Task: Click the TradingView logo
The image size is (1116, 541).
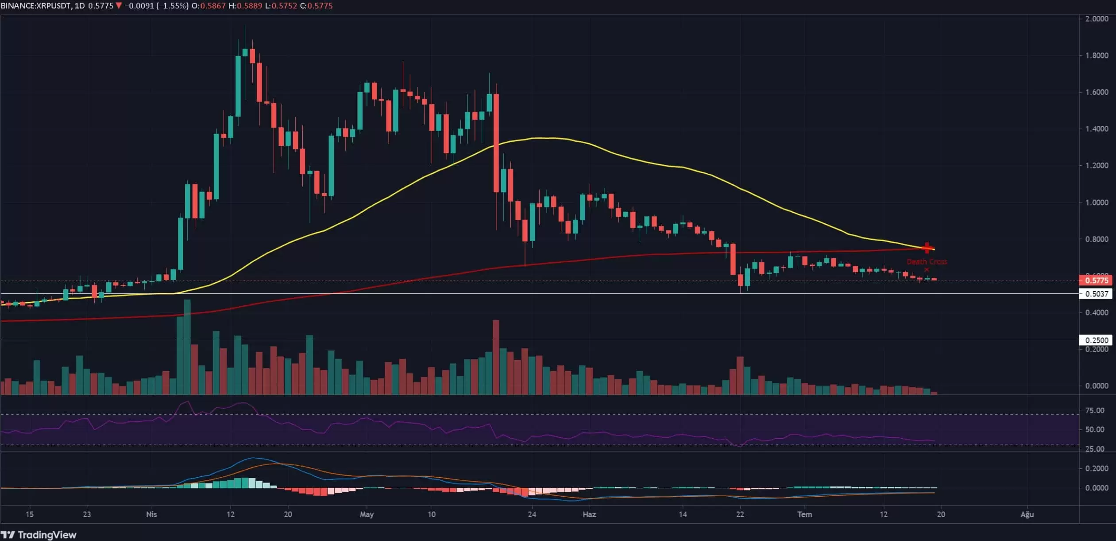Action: click(x=39, y=534)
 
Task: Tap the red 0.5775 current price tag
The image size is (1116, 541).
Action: click(x=1097, y=280)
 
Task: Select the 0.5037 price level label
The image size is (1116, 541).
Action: click(x=1096, y=294)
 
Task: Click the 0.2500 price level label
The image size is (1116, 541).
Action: click(x=1096, y=340)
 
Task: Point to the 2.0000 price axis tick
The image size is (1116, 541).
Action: click(x=1097, y=19)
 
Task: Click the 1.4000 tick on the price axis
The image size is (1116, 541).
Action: click(x=1097, y=129)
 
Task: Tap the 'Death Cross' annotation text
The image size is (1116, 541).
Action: click(x=927, y=262)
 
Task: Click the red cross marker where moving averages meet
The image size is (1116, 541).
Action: click(x=927, y=248)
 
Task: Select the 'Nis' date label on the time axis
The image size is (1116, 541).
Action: click(x=151, y=514)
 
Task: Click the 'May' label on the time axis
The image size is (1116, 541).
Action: click(x=367, y=514)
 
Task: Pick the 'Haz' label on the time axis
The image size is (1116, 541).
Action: click(x=589, y=514)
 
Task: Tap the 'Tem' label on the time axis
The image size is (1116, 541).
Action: click(x=804, y=514)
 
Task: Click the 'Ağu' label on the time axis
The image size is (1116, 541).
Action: click(x=1027, y=514)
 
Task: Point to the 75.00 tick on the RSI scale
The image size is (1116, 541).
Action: click(x=1094, y=410)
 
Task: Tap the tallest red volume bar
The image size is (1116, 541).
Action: click(x=496, y=357)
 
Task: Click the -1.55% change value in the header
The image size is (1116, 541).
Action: click(x=173, y=6)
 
